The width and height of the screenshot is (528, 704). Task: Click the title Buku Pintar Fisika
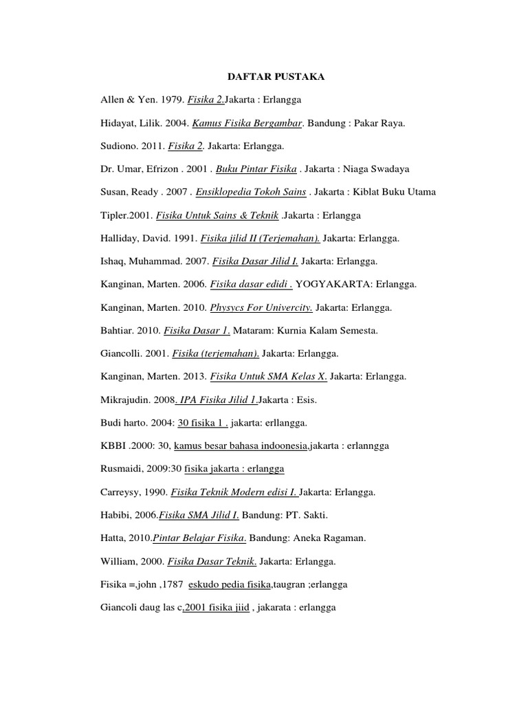257,169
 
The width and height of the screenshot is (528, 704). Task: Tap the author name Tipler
113,215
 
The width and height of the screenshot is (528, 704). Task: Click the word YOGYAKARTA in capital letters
326,285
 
